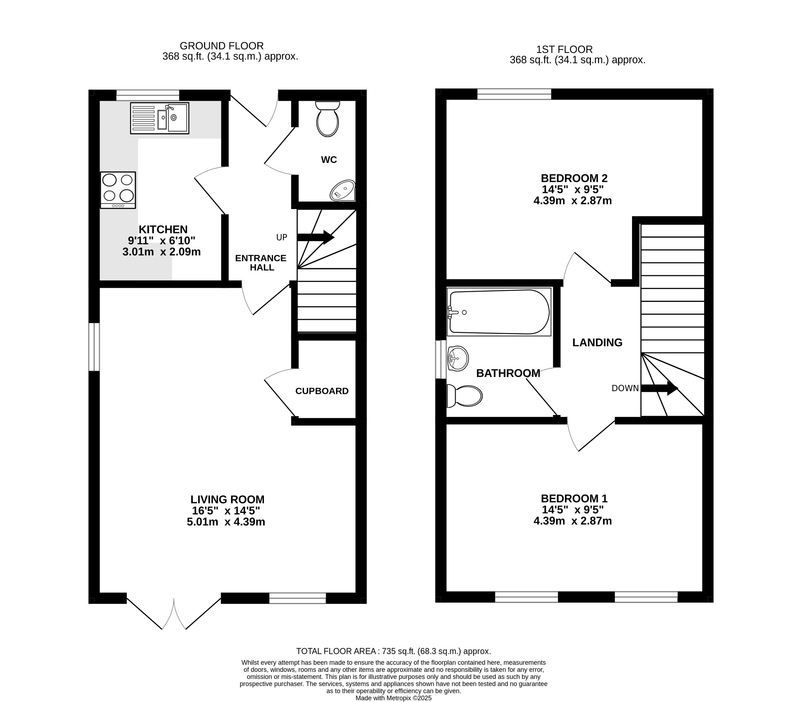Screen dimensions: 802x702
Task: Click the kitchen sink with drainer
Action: pos(159,118)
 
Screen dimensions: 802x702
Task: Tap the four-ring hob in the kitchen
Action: pos(118,190)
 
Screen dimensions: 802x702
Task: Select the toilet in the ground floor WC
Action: pos(327,119)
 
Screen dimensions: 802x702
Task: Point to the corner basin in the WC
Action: pos(343,191)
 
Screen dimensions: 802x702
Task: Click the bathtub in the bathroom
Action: pos(499,312)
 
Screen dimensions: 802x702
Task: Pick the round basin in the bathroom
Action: pos(458,359)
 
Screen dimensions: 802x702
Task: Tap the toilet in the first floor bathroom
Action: pos(464,396)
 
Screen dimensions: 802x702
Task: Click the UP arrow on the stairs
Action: pos(315,237)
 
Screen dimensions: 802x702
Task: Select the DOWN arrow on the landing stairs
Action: pos(659,388)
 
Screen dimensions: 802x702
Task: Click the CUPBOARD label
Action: pos(322,391)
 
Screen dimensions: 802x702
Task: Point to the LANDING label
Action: pos(597,342)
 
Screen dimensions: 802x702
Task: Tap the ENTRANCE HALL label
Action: pos(261,262)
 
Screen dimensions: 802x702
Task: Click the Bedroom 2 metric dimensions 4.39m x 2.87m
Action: pos(573,200)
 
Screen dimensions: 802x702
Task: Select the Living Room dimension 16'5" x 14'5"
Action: pos(226,511)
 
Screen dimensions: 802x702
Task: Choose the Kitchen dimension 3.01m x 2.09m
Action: pos(161,251)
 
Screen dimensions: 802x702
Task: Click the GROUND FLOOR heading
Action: pos(222,46)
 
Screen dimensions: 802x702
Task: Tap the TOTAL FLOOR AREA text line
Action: pos(393,651)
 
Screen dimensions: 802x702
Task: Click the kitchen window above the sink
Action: pos(148,95)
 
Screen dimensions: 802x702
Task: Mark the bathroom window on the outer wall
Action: pos(441,359)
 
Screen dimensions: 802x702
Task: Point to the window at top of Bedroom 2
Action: pos(514,94)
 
